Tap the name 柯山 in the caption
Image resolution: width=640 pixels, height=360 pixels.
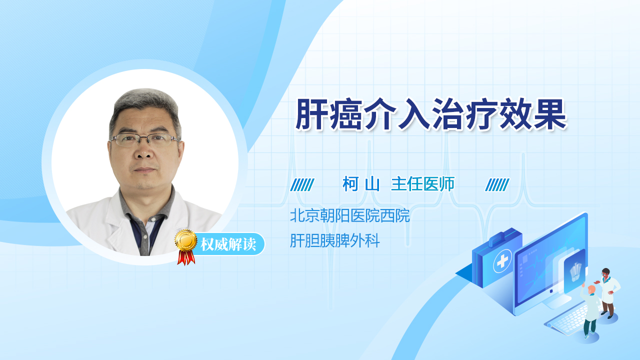point(361,184)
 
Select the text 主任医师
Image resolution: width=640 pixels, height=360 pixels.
point(422,184)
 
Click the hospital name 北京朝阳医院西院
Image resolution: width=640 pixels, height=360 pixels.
point(349,215)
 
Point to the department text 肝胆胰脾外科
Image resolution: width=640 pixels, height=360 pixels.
point(335,240)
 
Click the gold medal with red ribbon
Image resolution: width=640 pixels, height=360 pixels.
point(186,247)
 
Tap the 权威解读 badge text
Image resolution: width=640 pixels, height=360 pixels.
point(228,244)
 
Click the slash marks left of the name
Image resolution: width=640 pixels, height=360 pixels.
point(302,184)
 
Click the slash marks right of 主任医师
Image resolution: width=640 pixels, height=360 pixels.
point(497,184)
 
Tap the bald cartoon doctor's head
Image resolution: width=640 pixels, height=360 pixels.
point(591,290)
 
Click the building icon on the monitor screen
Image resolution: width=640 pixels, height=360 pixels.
point(575,271)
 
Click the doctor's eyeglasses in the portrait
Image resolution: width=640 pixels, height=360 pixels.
point(144,139)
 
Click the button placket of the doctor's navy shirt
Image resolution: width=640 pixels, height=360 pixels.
point(145,237)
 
